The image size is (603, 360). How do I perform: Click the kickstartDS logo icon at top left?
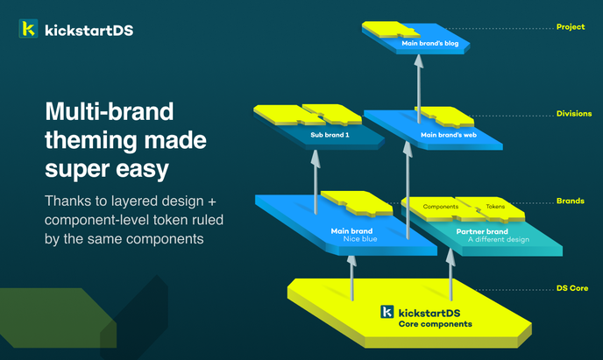coord(28,30)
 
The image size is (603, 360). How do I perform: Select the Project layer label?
coord(570,27)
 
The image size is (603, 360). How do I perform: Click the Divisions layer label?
coord(573,114)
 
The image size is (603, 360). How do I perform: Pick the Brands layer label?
coord(571,201)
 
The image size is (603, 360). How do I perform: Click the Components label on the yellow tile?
coord(442,208)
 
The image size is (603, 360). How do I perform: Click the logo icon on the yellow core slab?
coord(387,312)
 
